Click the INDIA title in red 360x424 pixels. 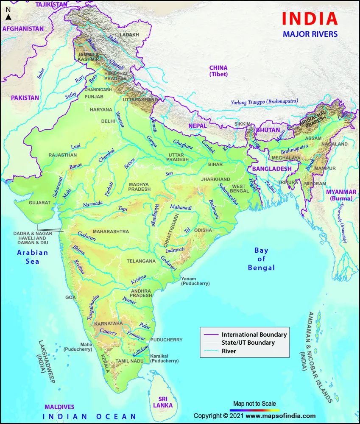tap(310, 19)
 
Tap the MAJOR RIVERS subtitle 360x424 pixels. tap(310, 34)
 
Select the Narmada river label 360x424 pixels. tap(93, 204)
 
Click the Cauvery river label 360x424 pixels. tap(108, 333)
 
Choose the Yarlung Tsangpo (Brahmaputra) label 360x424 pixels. tap(264, 102)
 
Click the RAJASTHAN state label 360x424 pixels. tap(63, 155)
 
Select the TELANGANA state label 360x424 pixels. tap(142, 261)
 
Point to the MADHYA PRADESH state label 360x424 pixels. tap(140, 186)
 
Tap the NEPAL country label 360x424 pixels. tap(198, 126)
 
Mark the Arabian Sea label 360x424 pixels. tap(32, 257)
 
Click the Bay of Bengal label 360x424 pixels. tap(261, 259)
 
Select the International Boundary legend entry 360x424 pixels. tap(254, 335)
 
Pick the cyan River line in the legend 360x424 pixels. tap(211, 351)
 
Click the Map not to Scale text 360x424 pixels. tap(254, 403)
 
